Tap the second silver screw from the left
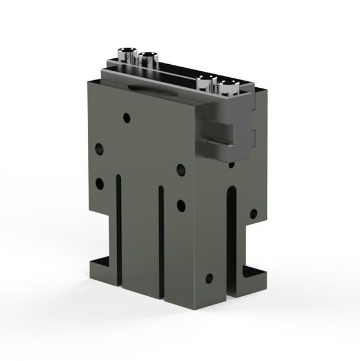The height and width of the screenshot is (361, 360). [147, 58]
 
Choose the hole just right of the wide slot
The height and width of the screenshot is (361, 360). [253, 213]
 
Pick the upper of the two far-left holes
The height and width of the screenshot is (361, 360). [99, 147]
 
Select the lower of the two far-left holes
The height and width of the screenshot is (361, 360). [99, 182]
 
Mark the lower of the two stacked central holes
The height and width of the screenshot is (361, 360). [181, 206]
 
